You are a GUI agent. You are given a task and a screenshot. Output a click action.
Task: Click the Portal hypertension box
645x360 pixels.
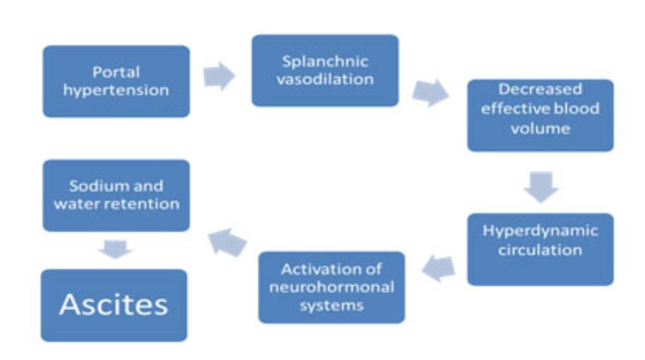pyautogui.click(x=116, y=81)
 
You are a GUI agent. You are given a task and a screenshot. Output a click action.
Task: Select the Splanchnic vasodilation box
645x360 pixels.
pyautogui.click(x=325, y=70)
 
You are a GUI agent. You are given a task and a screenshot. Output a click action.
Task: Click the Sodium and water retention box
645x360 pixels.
pyautogui.click(x=116, y=196)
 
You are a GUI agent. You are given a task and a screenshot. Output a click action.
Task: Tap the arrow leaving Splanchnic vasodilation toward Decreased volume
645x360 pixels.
pyautogui.click(x=430, y=93)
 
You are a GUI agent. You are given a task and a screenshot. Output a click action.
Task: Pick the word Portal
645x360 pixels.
pyautogui.click(x=116, y=72)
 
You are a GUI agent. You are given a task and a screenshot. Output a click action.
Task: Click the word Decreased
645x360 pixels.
pyautogui.click(x=541, y=90)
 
